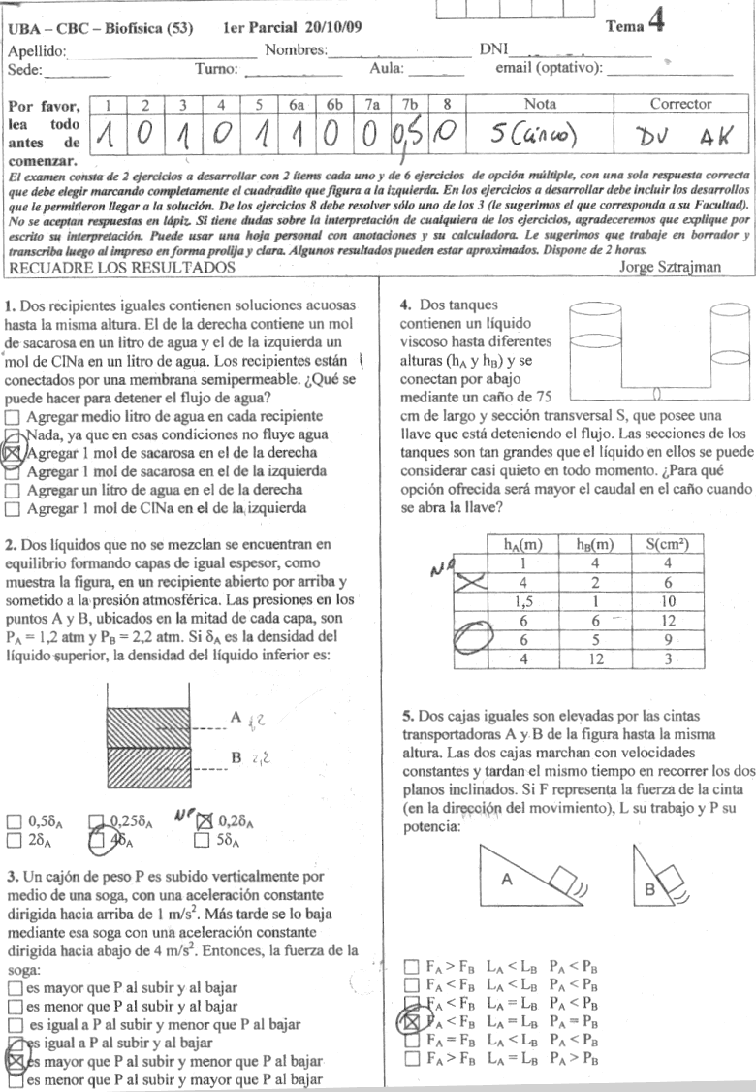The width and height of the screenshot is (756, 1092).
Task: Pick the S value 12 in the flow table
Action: [667, 620]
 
